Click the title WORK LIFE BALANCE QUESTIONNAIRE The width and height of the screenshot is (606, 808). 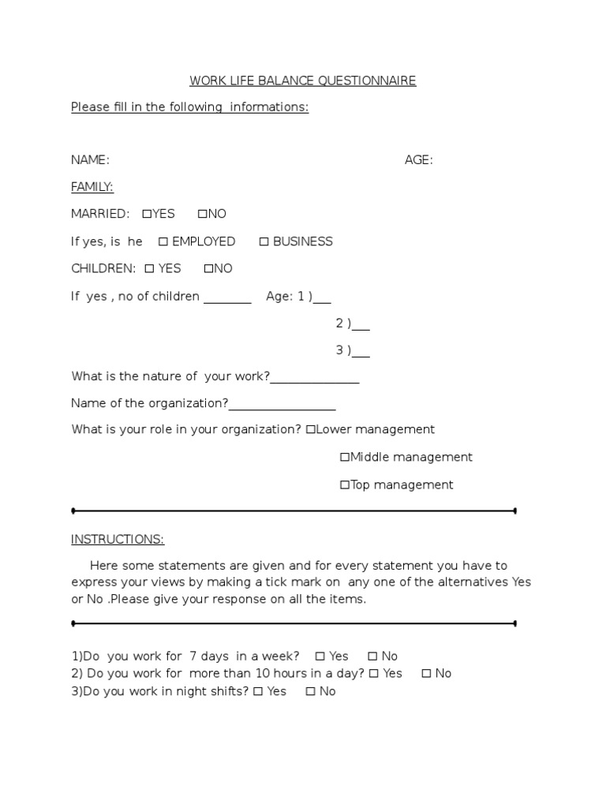coord(302,80)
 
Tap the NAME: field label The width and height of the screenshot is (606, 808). coord(90,160)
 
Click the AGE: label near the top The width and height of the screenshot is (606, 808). coord(418,160)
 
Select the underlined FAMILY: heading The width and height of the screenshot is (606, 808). coord(92,187)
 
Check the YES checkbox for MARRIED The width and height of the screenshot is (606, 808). coord(147,214)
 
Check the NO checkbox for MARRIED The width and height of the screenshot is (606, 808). coord(202,214)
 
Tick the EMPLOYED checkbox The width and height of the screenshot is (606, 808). coord(163,241)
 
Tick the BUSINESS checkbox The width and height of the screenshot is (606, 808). coord(264,241)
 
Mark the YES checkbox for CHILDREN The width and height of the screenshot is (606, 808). coord(149,269)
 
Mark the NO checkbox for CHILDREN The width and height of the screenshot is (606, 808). coord(208,269)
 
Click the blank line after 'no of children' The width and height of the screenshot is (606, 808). coord(227,300)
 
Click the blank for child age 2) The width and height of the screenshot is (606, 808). coord(361,327)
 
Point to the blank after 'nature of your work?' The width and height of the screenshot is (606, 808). coord(315,381)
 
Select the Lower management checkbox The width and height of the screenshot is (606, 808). coord(310,430)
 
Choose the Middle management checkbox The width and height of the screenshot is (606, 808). coord(345,458)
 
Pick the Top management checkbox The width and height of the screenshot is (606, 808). coord(345,485)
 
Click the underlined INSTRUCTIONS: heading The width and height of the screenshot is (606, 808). coord(118,540)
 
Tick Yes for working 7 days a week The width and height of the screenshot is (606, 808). coord(320,656)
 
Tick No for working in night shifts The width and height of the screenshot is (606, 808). coord(310,692)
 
